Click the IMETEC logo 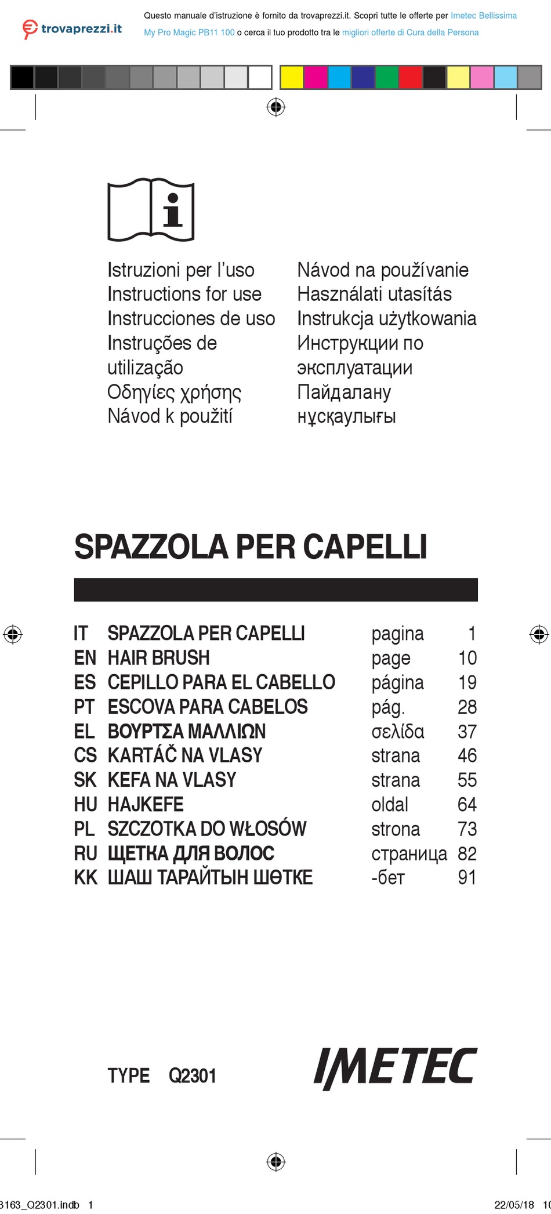point(395,1068)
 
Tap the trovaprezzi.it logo point(72,28)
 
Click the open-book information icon point(151,209)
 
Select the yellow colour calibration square point(292,77)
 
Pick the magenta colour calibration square point(316,77)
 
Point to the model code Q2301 point(193,1076)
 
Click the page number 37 point(467,732)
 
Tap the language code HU point(85,805)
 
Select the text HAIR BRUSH point(158,658)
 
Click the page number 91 point(467,878)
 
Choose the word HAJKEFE point(146,805)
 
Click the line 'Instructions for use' point(184,295)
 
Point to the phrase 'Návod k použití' point(170,416)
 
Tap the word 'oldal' point(390,805)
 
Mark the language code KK point(86,878)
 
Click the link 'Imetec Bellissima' point(484,16)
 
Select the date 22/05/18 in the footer point(514,1205)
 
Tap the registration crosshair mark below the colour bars point(276,107)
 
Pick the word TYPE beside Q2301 point(129,1076)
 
